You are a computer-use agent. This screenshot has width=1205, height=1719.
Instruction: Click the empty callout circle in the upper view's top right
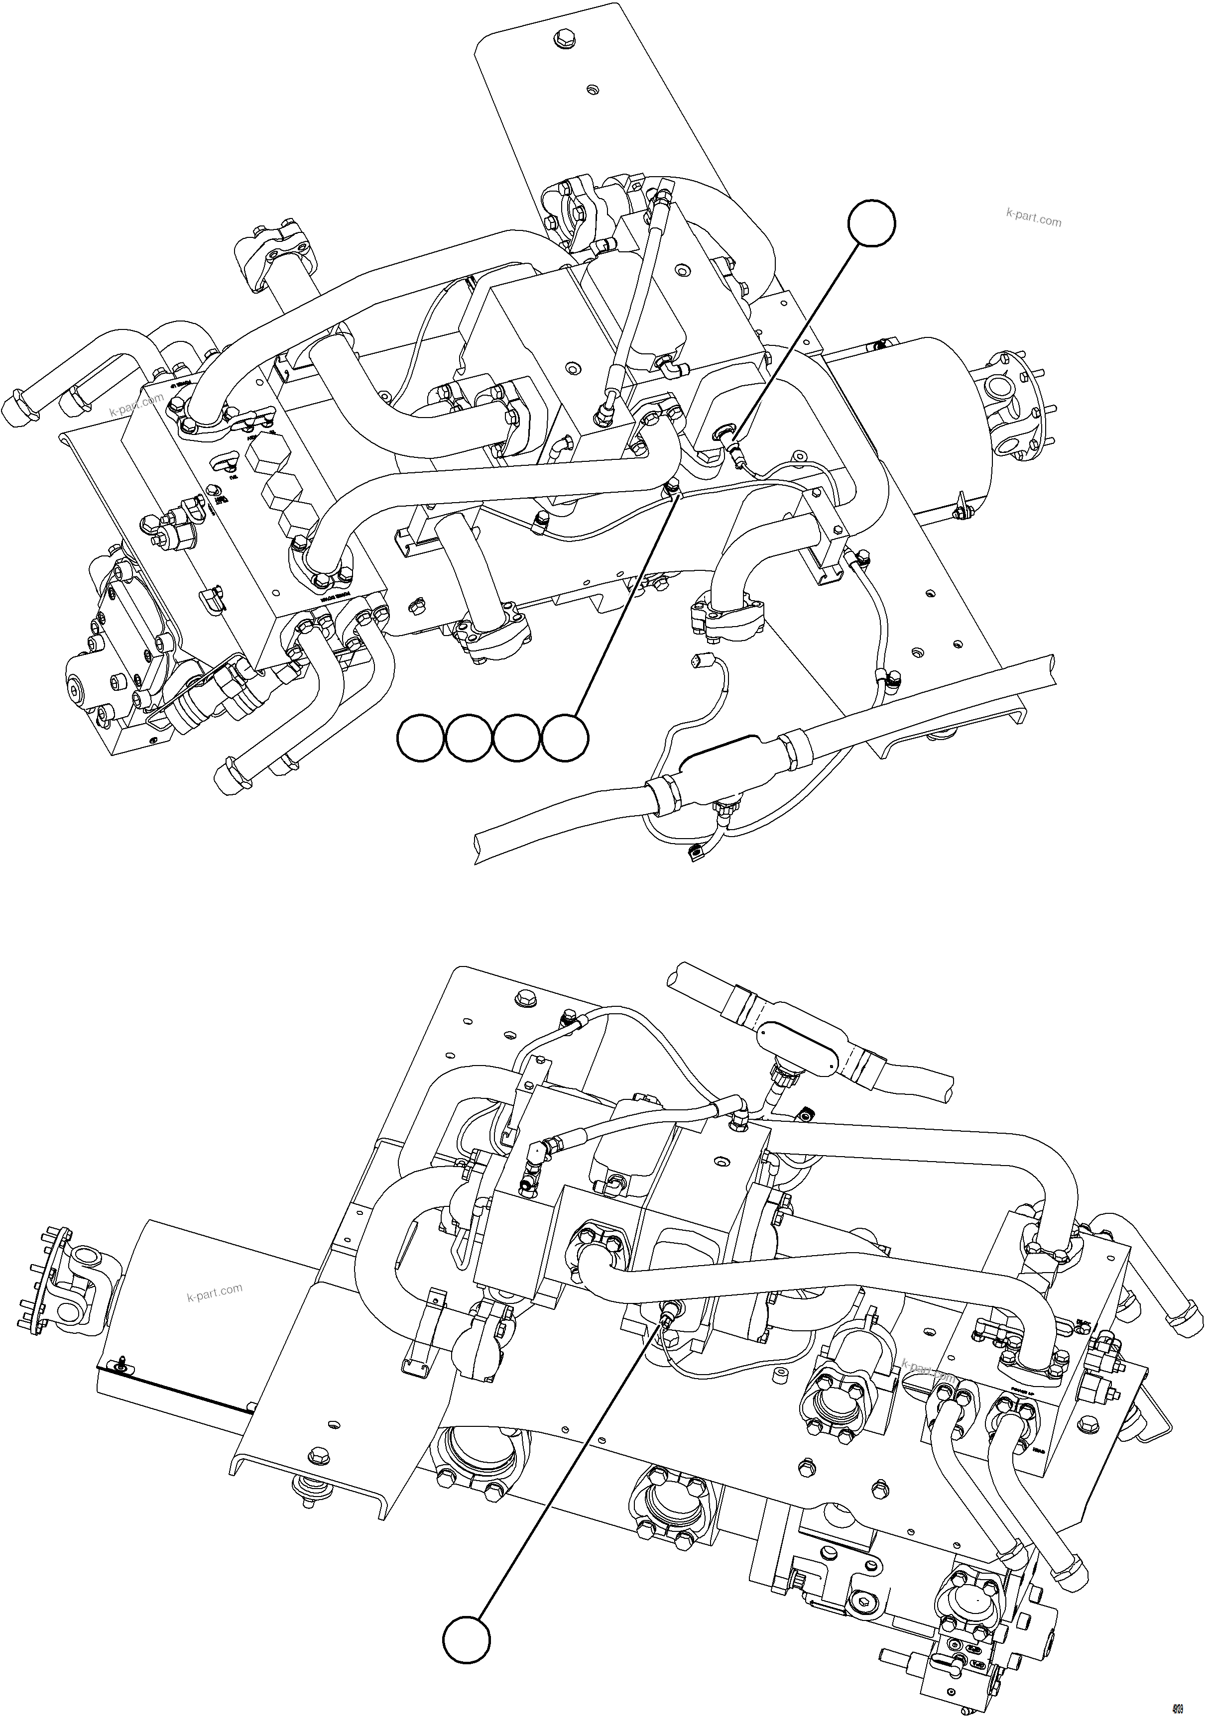coord(871,222)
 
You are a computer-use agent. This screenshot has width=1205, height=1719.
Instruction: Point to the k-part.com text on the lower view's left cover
coord(214,1291)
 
